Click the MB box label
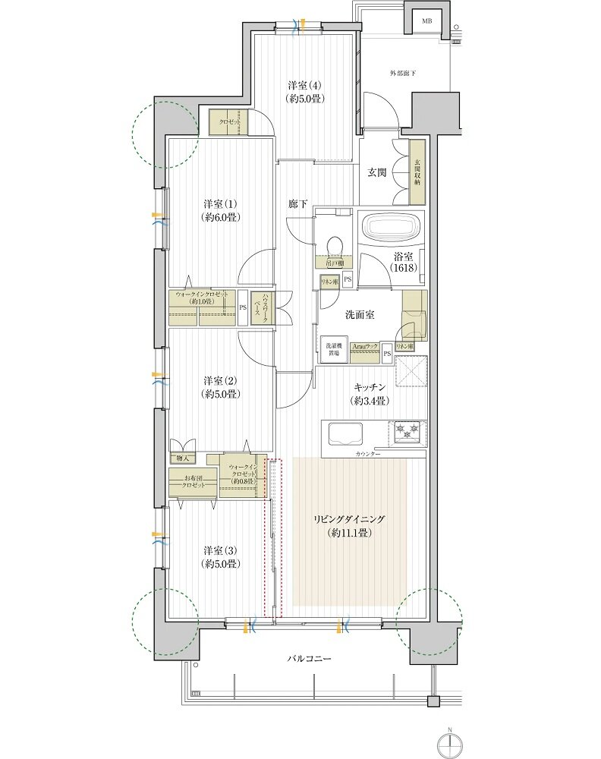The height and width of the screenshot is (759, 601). click(x=428, y=21)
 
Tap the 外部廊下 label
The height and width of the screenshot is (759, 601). click(x=403, y=73)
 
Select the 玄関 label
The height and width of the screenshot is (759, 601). click(x=378, y=172)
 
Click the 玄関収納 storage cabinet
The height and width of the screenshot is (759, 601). click(x=418, y=172)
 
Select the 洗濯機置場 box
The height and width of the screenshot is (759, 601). click(x=332, y=348)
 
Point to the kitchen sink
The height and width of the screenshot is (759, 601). click(x=346, y=436)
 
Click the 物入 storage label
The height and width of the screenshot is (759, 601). click(x=183, y=458)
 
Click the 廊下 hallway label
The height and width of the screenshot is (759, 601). click(x=297, y=203)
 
